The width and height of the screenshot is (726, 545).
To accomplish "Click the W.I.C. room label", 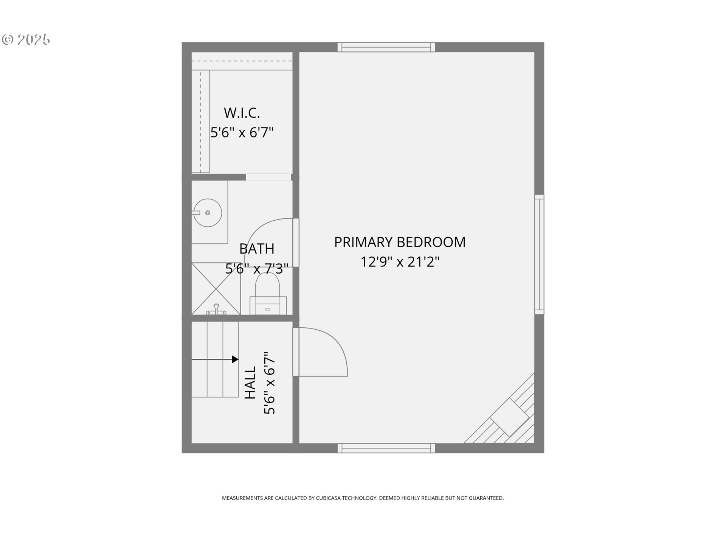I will click(242, 113).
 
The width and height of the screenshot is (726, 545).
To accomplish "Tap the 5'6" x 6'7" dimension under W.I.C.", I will click(242, 132).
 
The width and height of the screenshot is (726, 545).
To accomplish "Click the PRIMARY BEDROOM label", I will click(400, 242).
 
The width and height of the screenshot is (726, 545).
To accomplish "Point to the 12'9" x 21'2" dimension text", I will click(400, 262).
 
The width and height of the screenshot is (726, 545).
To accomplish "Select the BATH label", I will click(257, 249).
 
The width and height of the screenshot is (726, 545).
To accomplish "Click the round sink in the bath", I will click(208, 213).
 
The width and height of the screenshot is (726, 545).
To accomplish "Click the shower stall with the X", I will click(216, 288).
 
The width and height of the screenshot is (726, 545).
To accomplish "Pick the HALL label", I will click(250, 382).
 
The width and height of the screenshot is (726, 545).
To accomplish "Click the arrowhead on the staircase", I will click(235, 359).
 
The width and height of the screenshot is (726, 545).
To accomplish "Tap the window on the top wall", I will click(386, 47).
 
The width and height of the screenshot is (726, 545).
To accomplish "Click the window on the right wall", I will click(539, 254).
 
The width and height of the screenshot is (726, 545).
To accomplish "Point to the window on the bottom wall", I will click(386, 448).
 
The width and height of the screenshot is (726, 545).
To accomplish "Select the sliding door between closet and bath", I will click(268, 177).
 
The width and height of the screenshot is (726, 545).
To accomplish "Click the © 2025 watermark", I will click(26, 39).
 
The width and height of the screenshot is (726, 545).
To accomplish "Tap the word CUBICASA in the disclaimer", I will click(328, 498).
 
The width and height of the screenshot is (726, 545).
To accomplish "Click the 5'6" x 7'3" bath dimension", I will click(257, 269).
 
